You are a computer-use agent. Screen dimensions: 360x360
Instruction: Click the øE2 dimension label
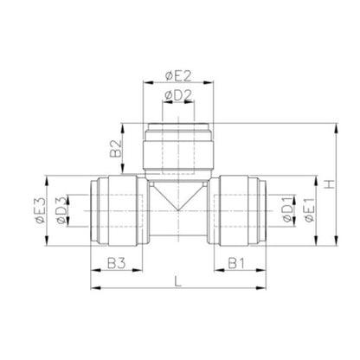(x=178, y=76)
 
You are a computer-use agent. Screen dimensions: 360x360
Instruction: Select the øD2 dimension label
(x=178, y=95)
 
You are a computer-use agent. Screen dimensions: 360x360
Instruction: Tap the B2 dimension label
(x=116, y=149)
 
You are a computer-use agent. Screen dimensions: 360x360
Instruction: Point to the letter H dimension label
(x=330, y=184)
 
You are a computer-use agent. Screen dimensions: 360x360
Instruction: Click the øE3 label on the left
(x=41, y=210)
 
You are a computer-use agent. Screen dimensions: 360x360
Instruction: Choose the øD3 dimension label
(x=62, y=210)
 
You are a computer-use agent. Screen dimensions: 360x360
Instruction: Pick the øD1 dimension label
(x=288, y=209)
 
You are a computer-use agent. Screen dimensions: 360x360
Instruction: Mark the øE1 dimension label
(x=309, y=210)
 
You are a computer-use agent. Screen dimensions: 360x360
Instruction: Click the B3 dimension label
(x=117, y=263)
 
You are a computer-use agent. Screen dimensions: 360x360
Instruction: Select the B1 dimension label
(x=236, y=263)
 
